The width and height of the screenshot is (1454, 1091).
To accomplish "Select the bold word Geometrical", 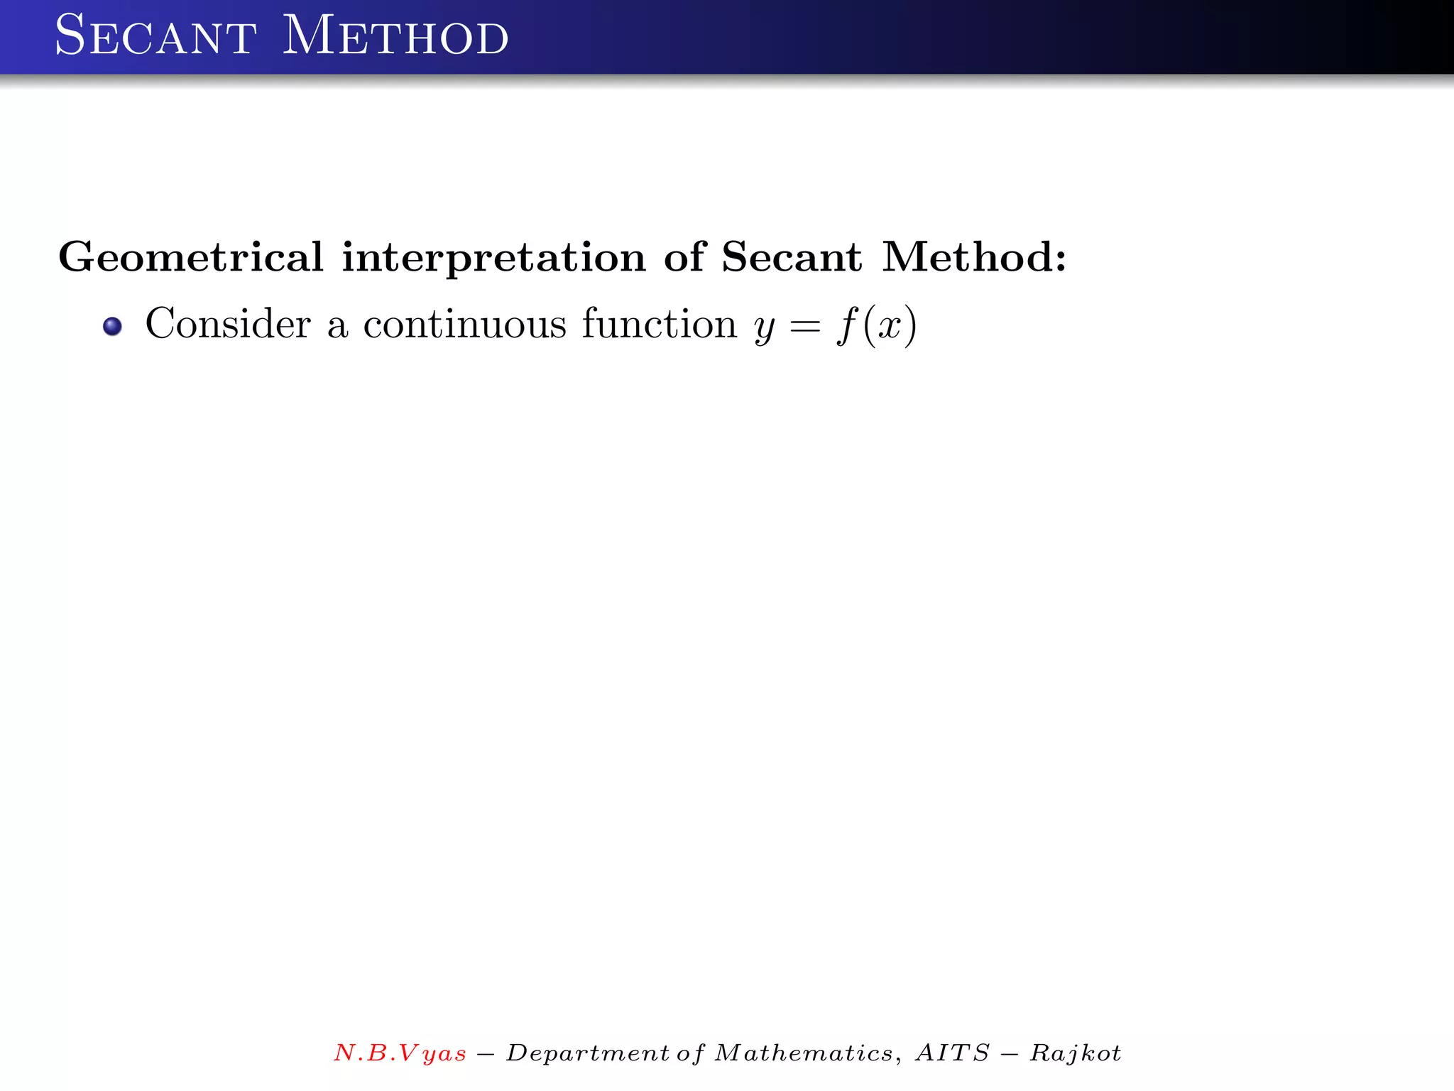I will point(191,257).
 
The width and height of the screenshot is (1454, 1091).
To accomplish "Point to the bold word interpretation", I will point(493,257).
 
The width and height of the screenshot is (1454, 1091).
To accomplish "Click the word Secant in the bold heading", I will point(792,257).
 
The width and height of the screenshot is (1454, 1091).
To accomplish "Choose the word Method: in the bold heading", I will point(974,257).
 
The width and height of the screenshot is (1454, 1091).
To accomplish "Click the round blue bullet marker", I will point(112,327).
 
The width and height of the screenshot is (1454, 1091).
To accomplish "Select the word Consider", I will point(228,324).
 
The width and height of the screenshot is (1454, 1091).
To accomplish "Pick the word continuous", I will point(465,324).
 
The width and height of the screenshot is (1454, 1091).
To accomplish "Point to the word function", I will point(660,324).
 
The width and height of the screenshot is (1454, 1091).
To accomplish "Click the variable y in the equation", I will point(764,328).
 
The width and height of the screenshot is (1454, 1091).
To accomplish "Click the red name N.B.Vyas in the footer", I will point(400,1053).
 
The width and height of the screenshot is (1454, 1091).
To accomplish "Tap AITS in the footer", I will point(952,1053).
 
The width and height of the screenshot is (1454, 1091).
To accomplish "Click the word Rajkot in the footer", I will point(1075,1053).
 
